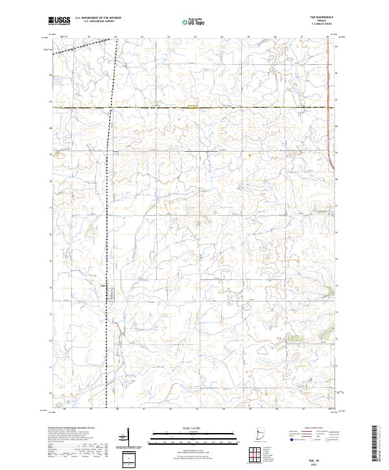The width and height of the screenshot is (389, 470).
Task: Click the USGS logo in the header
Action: pos(60,21)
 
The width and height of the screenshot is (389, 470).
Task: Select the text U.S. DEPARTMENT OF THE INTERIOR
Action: pos(98,18)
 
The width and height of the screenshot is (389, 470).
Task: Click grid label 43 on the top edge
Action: pos(195,38)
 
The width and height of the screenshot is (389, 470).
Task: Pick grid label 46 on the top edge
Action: pos(275,38)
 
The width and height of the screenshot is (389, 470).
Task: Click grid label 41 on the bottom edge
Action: pos(143,410)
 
